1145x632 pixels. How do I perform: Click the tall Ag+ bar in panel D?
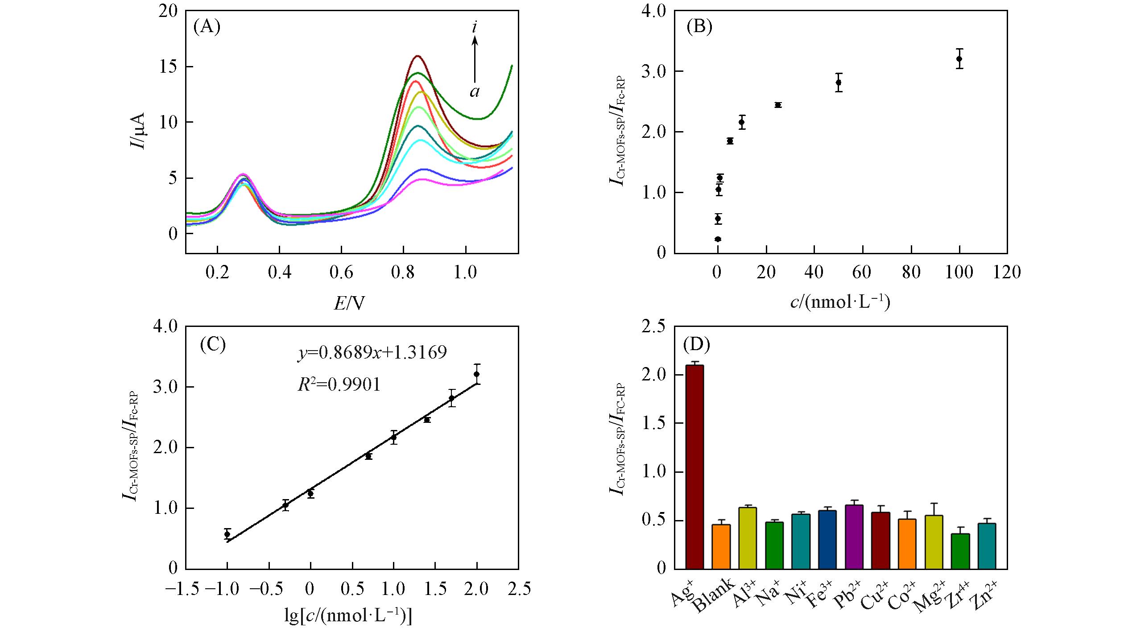click(694, 466)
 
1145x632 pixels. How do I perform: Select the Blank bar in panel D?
click(721, 546)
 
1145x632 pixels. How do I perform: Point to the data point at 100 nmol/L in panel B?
click(959, 58)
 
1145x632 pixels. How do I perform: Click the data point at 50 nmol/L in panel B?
click(839, 82)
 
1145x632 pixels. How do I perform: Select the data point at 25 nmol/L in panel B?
click(778, 105)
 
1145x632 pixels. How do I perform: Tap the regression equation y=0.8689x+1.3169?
click(372, 353)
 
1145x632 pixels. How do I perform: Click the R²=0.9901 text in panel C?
click(339, 384)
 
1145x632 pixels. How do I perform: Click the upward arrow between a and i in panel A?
click(475, 60)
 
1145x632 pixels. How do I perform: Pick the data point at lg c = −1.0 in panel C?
click(227, 534)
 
